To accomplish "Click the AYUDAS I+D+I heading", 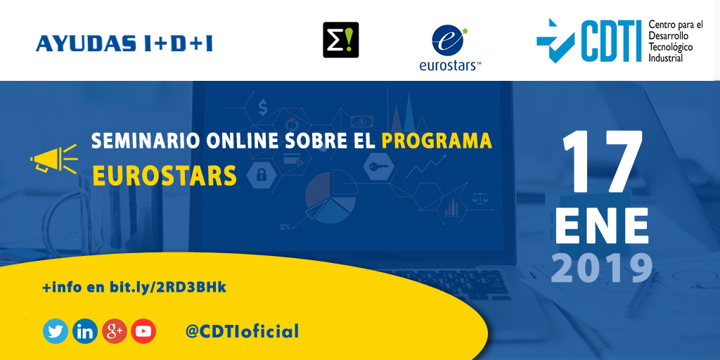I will pyautogui.click(x=124, y=44).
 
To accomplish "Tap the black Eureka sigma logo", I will pyautogui.click(x=340, y=40).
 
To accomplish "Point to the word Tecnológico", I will pyautogui.click(x=671, y=46).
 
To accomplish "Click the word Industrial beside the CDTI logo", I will pyautogui.click(x=665, y=58).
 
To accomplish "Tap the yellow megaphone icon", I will pyautogui.click(x=53, y=159).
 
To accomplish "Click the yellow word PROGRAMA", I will pyautogui.click(x=437, y=141).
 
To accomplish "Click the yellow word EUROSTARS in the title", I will pyautogui.click(x=165, y=176).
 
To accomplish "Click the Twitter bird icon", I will pyautogui.click(x=56, y=331).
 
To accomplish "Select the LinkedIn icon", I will pyautogui.click(x=85, y=331).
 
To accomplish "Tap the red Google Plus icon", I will pyautogui.click(x=114, y=331).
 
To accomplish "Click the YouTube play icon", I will pyautogui.click(x=143, y=331).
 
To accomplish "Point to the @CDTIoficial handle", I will pyautogui.click(x=242, y=331).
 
